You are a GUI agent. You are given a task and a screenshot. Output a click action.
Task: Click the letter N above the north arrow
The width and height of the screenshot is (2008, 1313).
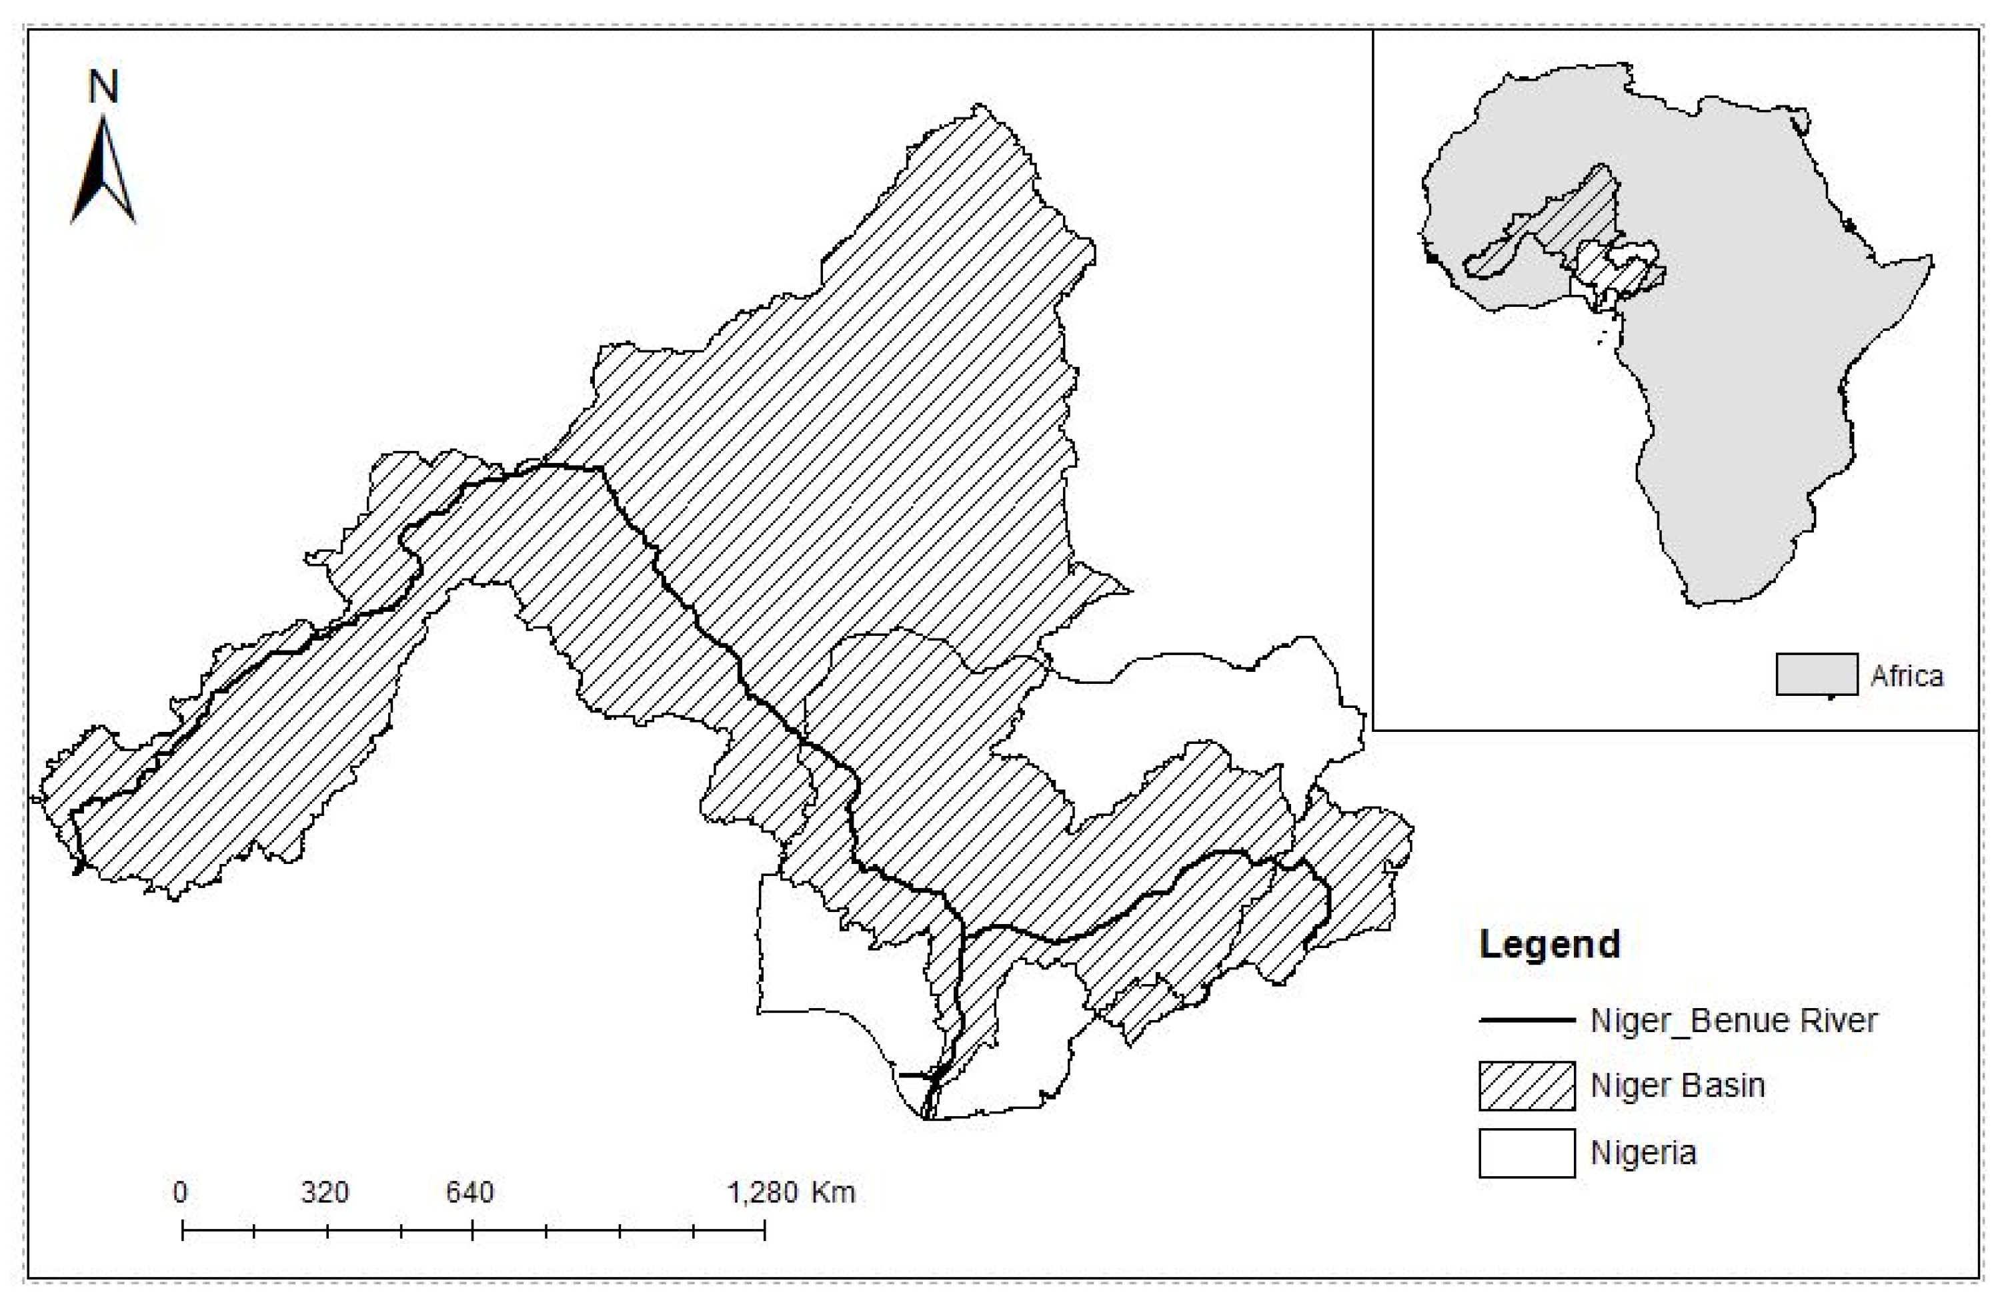click(x=103, y=87)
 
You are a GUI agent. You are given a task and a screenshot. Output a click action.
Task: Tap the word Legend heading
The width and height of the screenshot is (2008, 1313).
click(x=1549, y=944)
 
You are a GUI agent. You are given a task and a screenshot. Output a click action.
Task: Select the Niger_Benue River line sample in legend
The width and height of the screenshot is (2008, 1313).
click(x=1527, y=1021)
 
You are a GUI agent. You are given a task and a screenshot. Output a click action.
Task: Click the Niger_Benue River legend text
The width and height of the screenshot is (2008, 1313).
click(x=1733, y=1021)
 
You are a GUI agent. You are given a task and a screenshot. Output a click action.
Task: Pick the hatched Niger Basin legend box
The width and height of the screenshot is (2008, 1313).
click(x=1527, y=1086)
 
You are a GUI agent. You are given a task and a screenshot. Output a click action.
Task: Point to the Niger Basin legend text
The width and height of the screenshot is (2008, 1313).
click(x=1677, y=1086)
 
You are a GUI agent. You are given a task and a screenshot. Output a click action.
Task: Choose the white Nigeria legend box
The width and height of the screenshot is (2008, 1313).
click(x=1527, y=1153)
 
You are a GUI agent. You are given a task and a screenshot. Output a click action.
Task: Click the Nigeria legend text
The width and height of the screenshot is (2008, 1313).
click(x=1643, y=1153)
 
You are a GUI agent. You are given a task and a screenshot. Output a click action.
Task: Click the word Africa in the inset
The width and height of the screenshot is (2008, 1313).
click(x=1907, y=676)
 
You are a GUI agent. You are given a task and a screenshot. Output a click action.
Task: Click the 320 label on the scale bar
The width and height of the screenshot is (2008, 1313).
click(x=325, y=1192)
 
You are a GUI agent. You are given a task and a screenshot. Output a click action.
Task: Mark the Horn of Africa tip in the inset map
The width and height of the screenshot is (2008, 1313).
click(x=1931, y=258)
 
